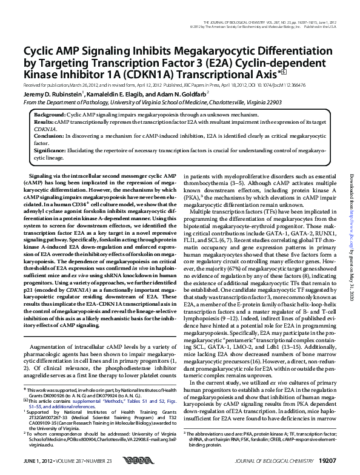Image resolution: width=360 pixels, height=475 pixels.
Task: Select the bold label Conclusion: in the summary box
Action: [49, 136]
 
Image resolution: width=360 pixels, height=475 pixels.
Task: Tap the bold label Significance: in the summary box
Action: [51, 152]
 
